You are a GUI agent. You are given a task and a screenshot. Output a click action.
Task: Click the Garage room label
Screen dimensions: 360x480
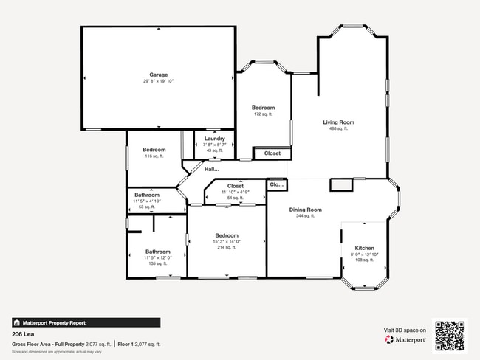tap(159, 75)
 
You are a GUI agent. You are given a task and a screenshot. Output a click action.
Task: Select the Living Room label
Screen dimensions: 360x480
tap(339, 122)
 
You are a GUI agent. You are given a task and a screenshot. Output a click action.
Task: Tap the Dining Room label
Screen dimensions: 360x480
tap(305, 210)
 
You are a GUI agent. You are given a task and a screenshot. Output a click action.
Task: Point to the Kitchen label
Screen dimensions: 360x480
tap(364, 248)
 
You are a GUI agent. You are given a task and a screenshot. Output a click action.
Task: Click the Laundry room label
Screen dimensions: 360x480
tap(215, 139)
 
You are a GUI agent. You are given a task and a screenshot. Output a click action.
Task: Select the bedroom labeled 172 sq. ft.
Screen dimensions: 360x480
tap(263, 108)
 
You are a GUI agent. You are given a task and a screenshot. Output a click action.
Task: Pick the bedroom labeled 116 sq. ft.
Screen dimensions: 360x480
tap(154, 150)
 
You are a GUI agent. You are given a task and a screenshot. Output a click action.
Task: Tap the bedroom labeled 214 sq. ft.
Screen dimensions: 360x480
tap(227, 235)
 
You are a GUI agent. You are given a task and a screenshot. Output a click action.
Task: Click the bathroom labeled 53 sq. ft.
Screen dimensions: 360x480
tap(146, 195)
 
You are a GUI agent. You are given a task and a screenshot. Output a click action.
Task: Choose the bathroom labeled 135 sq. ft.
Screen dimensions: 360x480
tap(157, 252)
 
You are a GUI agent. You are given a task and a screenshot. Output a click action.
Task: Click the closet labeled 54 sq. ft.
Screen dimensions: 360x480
tap(236, 186)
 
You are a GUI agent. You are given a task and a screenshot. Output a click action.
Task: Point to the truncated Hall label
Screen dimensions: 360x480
tap(212, 169)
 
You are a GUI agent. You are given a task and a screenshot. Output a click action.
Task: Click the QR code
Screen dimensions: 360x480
tap(450, 335)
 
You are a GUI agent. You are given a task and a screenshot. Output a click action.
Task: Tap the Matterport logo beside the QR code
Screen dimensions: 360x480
tap(406, 340)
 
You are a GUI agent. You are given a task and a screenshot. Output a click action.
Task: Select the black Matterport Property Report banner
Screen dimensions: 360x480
tap(86, 322)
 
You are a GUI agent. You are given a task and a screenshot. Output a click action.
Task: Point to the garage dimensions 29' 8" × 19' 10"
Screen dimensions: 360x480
tap(159, 81)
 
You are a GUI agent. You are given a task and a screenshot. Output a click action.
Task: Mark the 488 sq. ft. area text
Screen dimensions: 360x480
tap(339, 129)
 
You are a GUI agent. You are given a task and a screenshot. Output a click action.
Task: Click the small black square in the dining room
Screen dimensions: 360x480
tap(340, 184)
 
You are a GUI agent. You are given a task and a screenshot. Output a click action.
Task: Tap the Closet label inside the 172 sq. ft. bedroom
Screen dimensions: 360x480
tap(272, 153)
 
